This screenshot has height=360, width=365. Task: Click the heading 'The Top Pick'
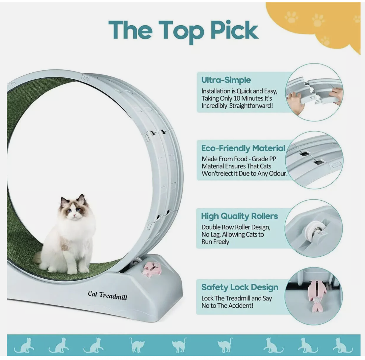click(183, 30)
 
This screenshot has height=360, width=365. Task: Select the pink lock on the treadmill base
click(152, 269)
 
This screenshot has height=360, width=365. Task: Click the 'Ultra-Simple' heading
click(226, 80)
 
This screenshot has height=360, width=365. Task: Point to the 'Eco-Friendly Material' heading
click(243, 148)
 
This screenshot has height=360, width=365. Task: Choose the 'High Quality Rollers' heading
click(239, 216)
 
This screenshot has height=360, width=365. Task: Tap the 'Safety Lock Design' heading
click(240, 287)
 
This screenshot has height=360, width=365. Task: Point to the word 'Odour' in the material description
click(278, 173)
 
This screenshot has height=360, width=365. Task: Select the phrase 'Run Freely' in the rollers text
click(215, 242)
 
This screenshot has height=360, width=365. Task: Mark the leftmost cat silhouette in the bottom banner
click(24, 345)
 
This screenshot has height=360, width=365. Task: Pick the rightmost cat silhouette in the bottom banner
click(343, 345)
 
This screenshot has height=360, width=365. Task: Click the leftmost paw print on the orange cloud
click(291, 17)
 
